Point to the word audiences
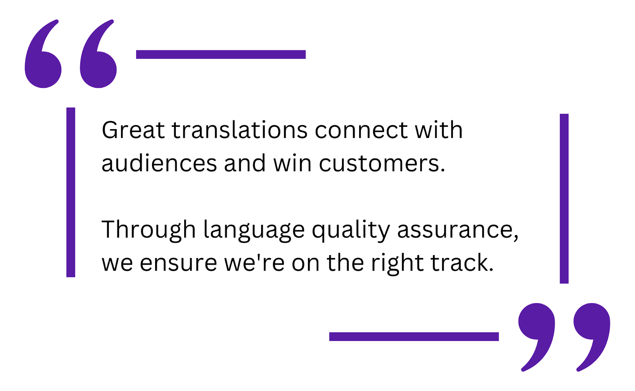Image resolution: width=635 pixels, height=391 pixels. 159,163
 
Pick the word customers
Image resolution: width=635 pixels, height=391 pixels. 382,163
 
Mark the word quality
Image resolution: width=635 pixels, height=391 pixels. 351,230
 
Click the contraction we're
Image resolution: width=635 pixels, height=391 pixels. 254,263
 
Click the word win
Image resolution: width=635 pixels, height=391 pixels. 292,163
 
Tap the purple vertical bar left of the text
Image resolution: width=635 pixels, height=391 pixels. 71,192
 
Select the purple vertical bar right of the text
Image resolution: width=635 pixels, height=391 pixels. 564,199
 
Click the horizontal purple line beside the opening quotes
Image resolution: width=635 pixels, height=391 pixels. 221,54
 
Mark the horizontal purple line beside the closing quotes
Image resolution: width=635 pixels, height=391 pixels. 414,337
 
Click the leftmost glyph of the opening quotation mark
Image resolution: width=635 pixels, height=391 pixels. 43,60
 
